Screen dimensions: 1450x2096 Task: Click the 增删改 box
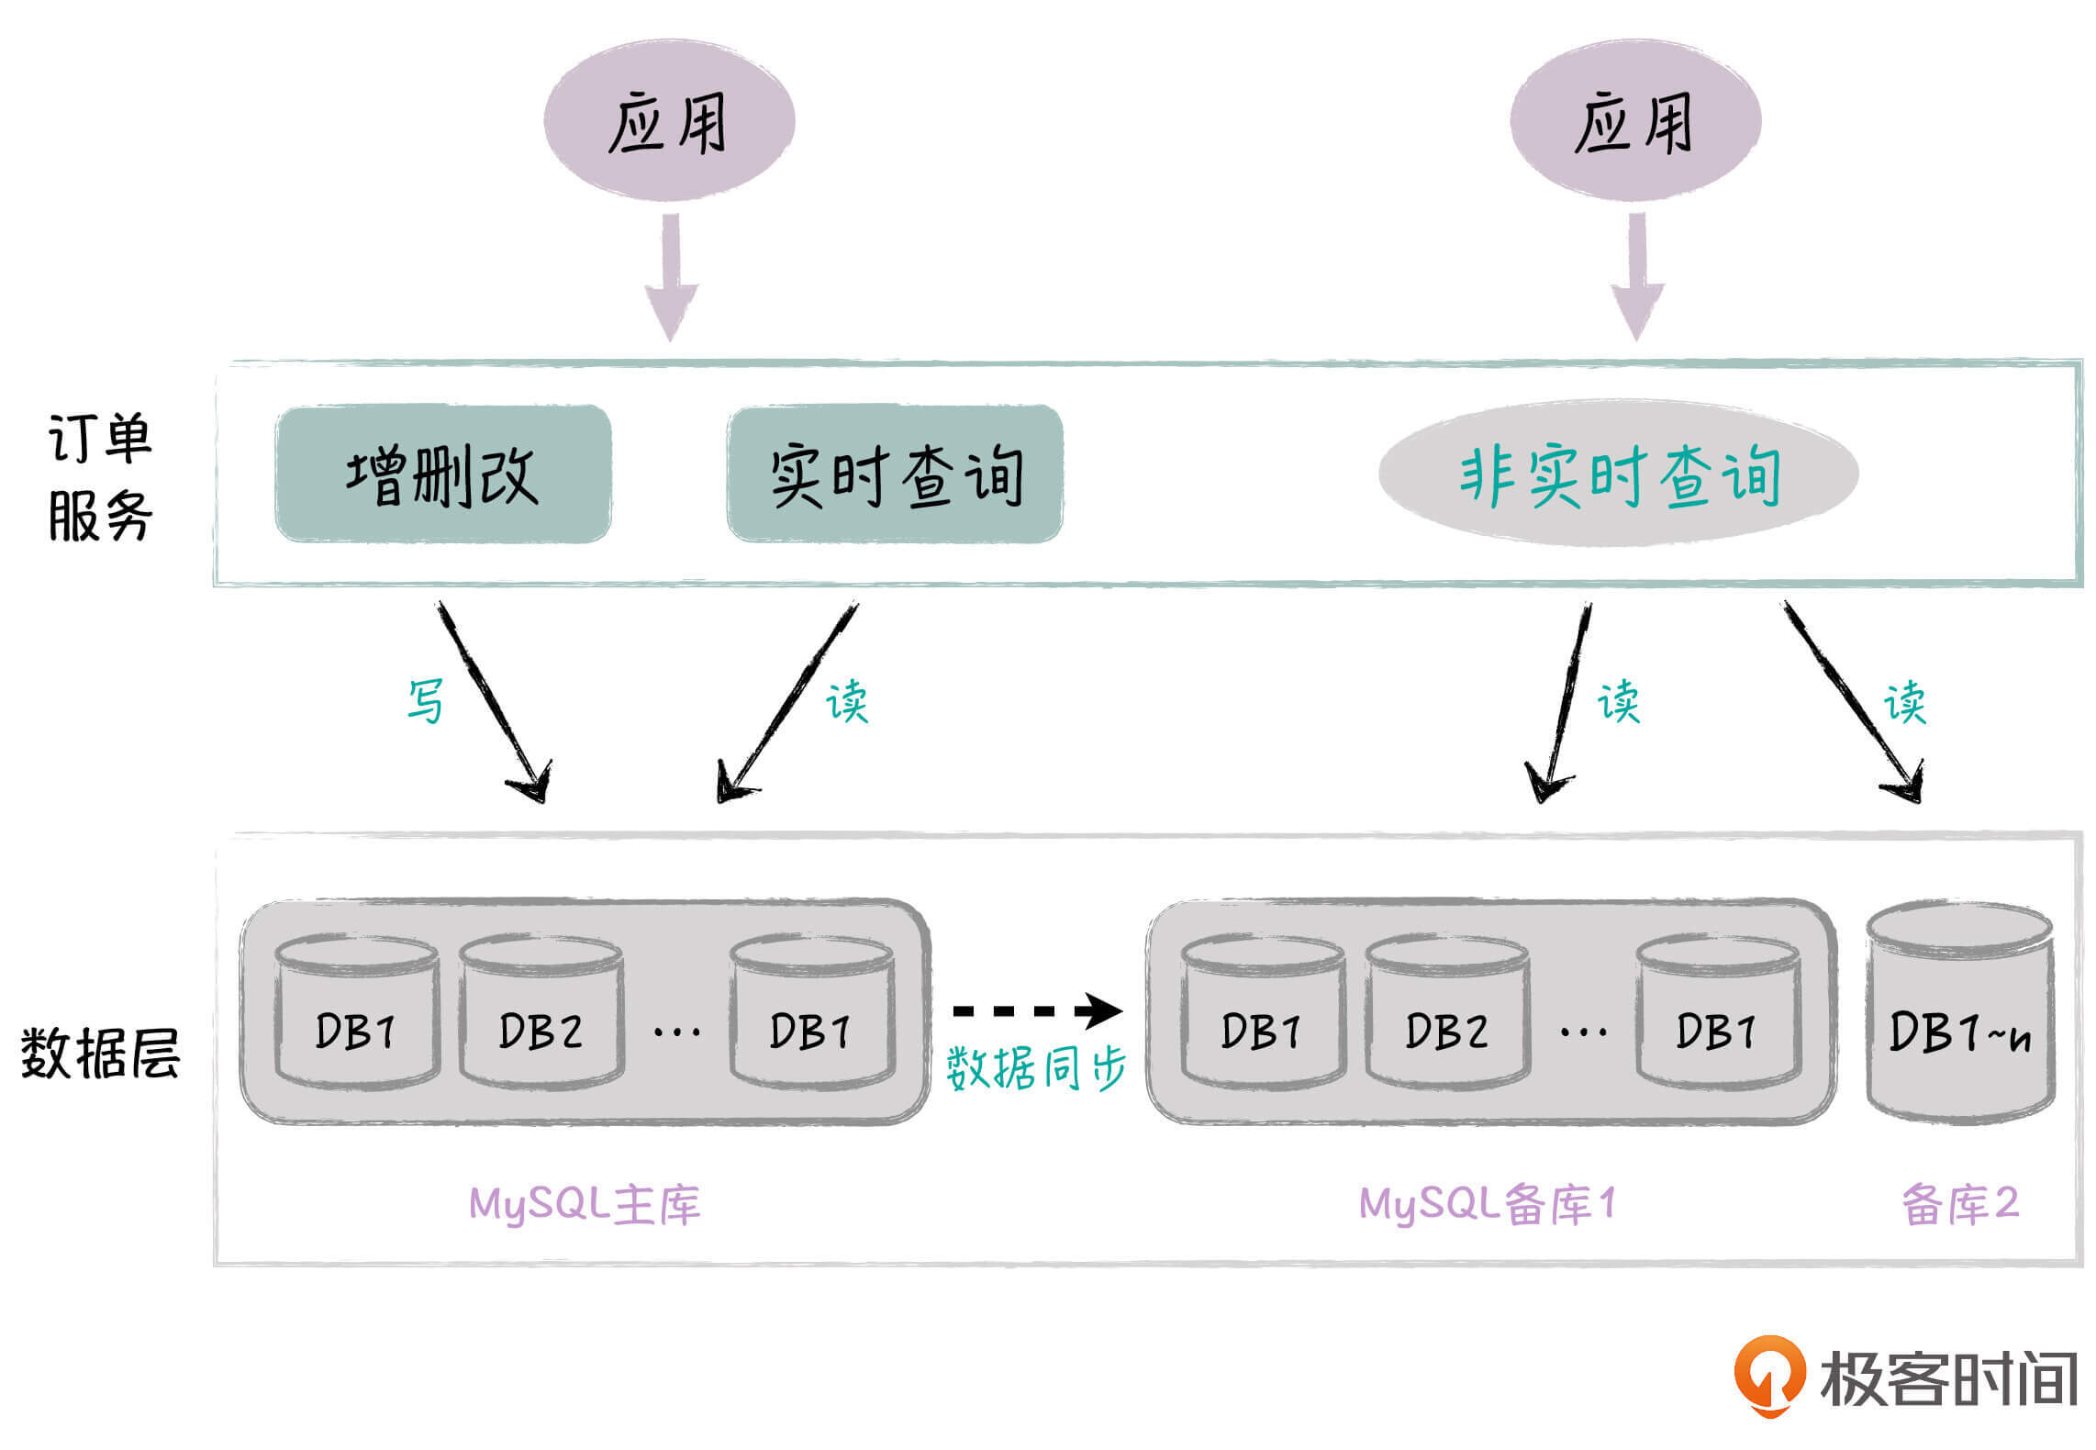(443, 474)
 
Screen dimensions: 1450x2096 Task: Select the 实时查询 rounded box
(895, 474)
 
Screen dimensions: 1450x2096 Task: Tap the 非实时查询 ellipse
(1618, 474)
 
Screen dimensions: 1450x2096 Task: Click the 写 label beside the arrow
(425, 700)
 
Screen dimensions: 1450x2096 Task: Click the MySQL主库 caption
(585, 1204)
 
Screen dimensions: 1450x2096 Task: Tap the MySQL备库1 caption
(1487, 1204)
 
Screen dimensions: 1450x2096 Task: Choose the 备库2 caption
(1960, 1204)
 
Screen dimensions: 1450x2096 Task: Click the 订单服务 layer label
(99, 477)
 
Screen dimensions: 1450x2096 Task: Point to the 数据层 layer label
(99, 1053)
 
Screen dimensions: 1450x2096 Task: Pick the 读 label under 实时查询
(846, 702)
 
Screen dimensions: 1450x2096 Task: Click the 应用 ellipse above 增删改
(669, 121)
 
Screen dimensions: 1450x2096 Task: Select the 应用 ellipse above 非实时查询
(1635, 121)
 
